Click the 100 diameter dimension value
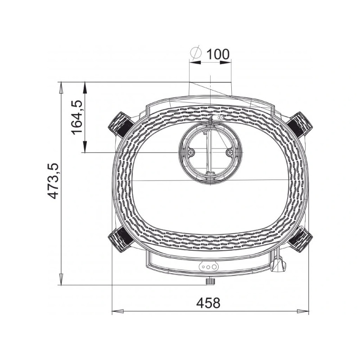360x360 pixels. tap(218, 54)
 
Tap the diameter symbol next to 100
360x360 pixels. tap(196, 53)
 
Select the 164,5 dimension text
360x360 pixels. tap(76, 117)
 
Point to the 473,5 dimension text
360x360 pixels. tap(53, 181)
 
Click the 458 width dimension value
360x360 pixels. tap(208, 303)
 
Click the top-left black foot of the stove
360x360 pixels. tap(120, 125)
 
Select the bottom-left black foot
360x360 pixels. tap(120, 239)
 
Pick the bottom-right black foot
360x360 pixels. tap(300, 239)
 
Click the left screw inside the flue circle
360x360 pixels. tap(191, 152)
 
